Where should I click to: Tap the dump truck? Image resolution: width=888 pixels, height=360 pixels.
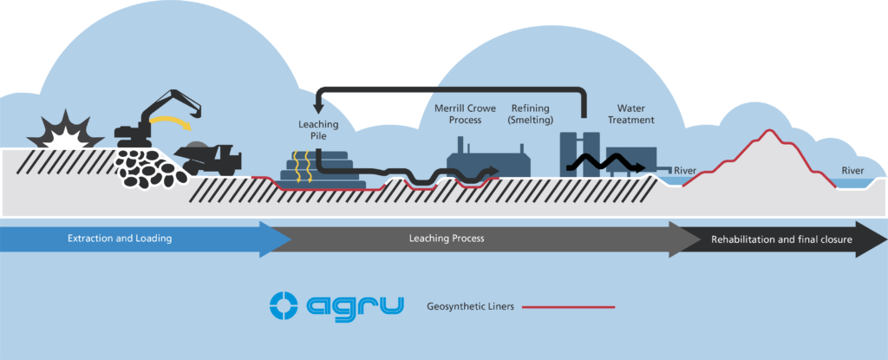point(212,157)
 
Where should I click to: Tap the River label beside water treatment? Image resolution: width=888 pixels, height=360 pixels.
point(685,169)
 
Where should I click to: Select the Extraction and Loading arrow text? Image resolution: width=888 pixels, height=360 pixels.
point(121,239)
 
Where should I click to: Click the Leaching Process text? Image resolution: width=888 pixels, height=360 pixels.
point(446,239)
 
